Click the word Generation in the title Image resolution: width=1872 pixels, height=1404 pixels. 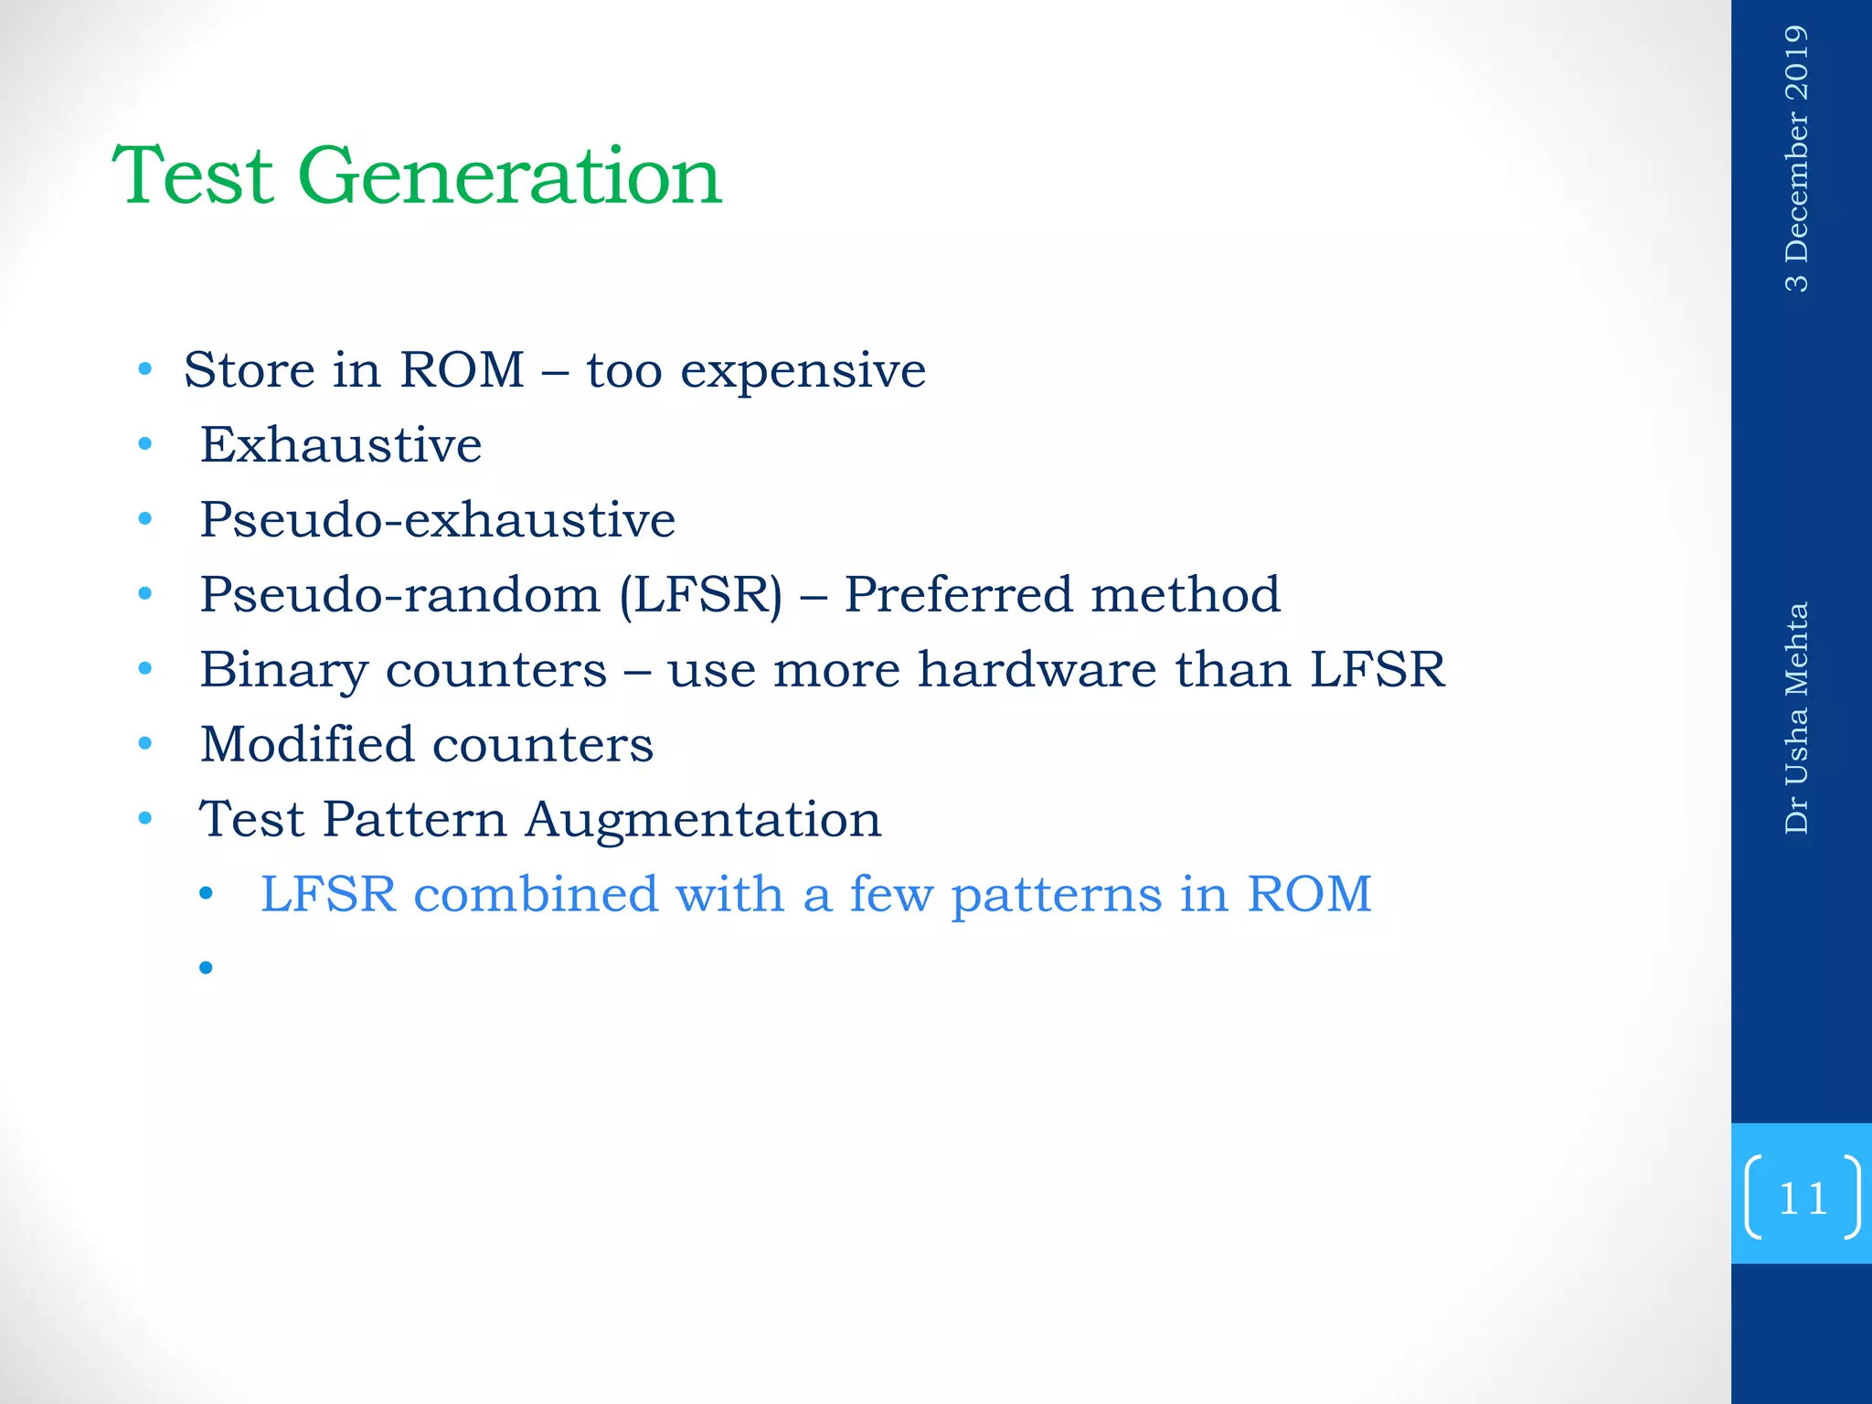point(509,176)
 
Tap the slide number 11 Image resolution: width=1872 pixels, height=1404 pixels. point(1802,1197)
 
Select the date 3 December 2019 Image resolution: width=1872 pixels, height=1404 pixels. point(1796,158)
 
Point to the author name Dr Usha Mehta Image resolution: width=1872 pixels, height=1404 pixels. point(1796,718)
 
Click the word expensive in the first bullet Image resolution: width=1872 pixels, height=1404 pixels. point(803,372)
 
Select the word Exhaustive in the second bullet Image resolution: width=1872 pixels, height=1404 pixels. point(340,446)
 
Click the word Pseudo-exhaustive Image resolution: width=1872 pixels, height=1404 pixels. point(437,521)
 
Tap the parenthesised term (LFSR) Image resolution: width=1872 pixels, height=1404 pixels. point(701,596)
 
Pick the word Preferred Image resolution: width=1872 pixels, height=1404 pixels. point(958,596)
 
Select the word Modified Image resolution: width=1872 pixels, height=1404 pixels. point(306,745)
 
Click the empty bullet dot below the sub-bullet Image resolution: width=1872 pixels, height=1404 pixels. point(206,967)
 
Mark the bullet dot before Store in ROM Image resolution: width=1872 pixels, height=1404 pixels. point(144,370)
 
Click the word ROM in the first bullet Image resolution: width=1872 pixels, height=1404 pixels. point(462,370)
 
